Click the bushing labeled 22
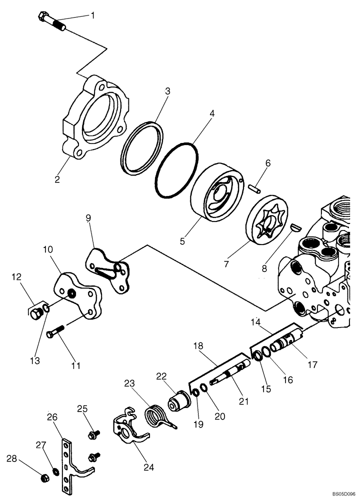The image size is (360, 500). [x=179, y=402]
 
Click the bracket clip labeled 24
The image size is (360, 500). [x=129, y=429]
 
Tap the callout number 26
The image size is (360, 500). [x=52, y=416]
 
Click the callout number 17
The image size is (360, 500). [x=312, y=365]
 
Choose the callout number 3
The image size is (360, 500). [x=168, y=91]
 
